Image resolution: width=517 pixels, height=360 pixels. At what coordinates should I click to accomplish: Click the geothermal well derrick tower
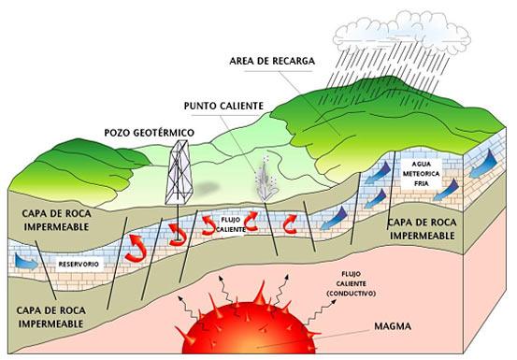point(175,177)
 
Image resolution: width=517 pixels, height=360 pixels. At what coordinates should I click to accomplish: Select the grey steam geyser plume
point(266,179)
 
